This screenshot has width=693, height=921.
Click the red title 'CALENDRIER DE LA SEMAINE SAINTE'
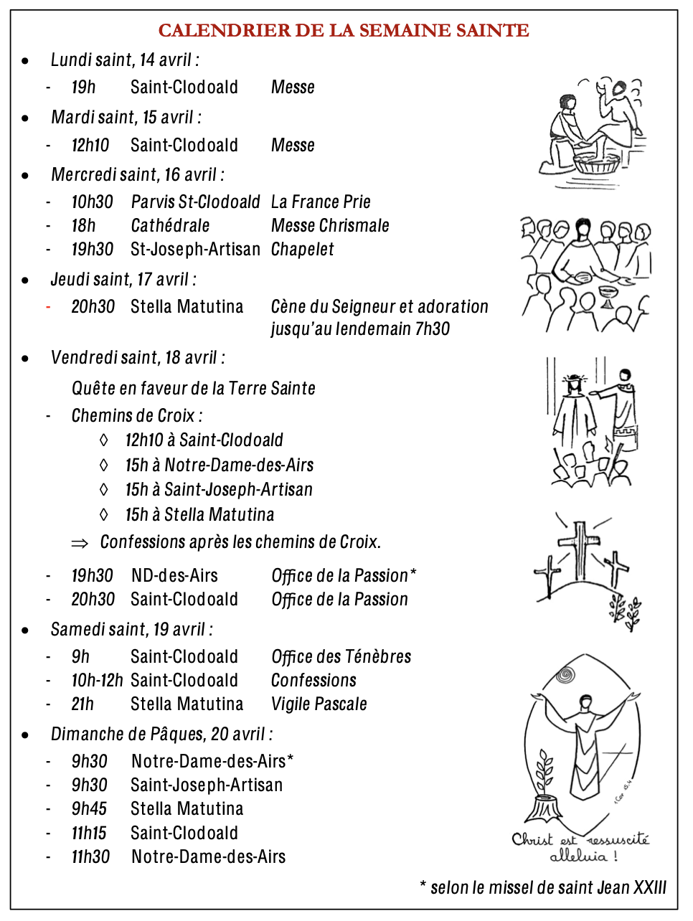344,31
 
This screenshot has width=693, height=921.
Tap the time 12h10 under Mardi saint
90,146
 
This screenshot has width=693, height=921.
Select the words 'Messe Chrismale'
330,226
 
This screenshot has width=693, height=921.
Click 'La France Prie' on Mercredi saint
321,202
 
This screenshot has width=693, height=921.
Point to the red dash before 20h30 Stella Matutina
48,307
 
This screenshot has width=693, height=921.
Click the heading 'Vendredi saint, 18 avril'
138,358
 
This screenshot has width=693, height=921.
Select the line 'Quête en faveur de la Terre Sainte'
193,389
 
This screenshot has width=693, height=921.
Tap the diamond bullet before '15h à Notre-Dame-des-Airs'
104,466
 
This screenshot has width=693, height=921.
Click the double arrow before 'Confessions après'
80,544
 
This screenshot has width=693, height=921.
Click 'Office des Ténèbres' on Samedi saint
341,657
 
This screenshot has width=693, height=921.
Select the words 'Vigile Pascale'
319,704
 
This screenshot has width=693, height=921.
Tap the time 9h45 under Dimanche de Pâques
89,809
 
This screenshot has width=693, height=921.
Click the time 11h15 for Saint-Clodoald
89,833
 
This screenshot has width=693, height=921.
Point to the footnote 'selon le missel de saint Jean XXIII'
548,888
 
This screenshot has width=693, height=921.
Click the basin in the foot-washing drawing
595,166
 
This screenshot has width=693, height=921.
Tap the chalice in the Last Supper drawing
607,296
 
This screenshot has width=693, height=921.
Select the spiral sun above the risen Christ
566,675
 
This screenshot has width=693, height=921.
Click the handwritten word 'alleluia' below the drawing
578,856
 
